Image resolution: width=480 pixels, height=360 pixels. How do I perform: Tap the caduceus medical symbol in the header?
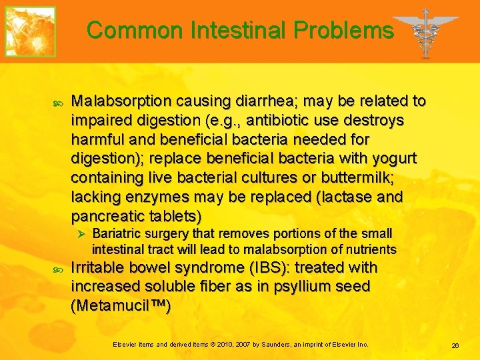[425, 32]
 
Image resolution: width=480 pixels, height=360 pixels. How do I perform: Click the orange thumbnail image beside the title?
[31, 31]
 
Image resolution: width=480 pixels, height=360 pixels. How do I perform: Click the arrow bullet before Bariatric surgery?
[79, 235]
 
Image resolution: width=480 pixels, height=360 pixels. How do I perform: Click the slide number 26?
[455, 345]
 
